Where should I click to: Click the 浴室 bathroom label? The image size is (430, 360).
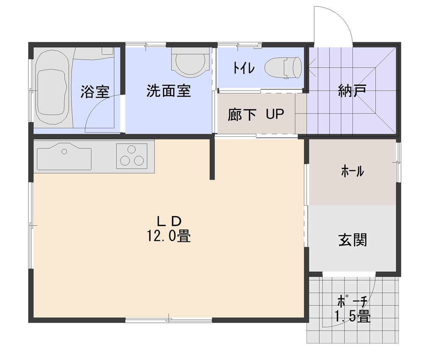click(95, 92)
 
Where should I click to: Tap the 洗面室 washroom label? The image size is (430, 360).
click(169, 91)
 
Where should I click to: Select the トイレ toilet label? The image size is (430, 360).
click(244, 68)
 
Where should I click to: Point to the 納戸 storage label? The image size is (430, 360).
click(353, 91)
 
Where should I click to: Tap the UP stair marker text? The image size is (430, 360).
click(275, 114)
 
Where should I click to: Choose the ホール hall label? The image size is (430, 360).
click(353, 171)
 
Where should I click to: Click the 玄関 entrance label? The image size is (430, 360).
click(353, 240)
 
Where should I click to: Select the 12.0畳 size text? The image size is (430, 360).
click(169, 236)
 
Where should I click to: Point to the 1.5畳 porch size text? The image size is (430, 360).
click(353, 317)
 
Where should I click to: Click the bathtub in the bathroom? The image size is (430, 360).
click(52, 88)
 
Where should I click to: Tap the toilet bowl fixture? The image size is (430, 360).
click(283, 68)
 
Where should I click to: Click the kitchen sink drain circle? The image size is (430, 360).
click(64, 151)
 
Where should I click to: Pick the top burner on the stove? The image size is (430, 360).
click(132, 149)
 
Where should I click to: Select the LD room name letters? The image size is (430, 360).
click(169, 221)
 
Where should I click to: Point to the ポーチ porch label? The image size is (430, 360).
click(352, 302)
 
